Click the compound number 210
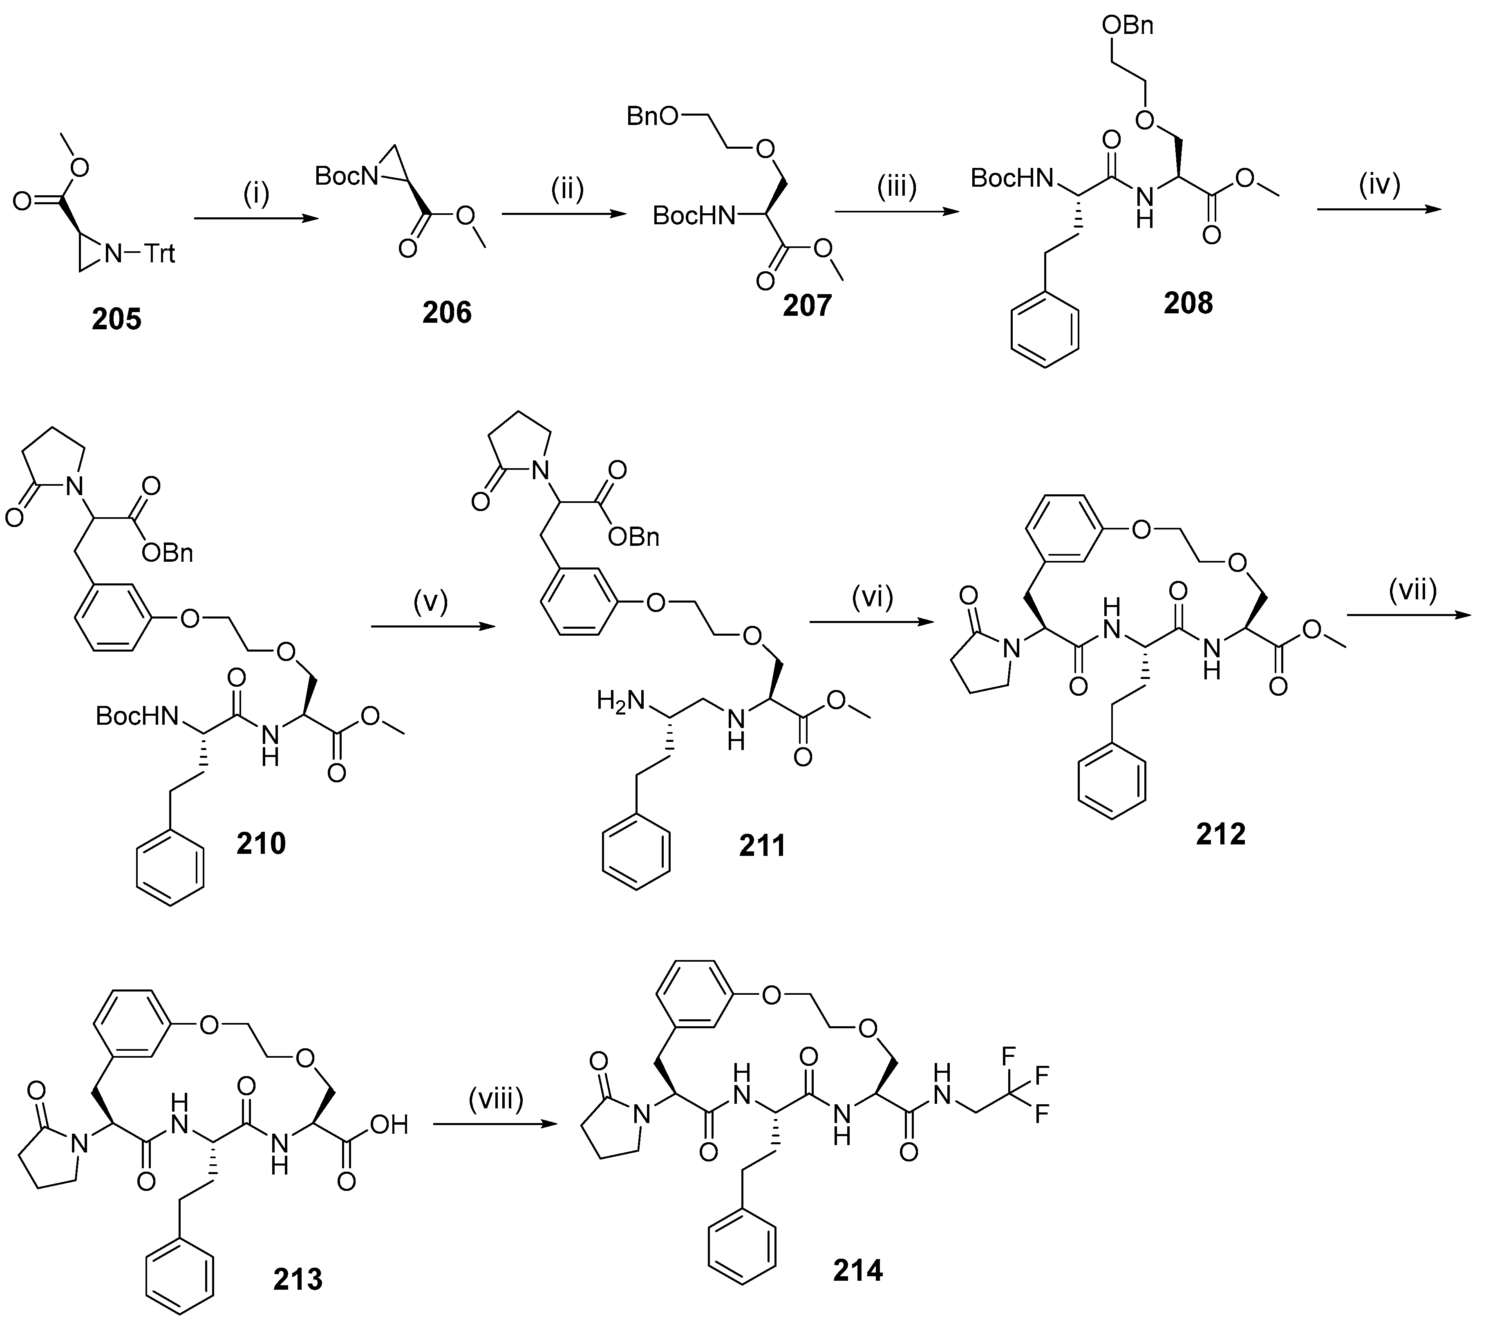tap(261, 843)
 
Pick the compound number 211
tap(762, 845)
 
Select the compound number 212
tap(1221, 834)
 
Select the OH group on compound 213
tap(389, 1126)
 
